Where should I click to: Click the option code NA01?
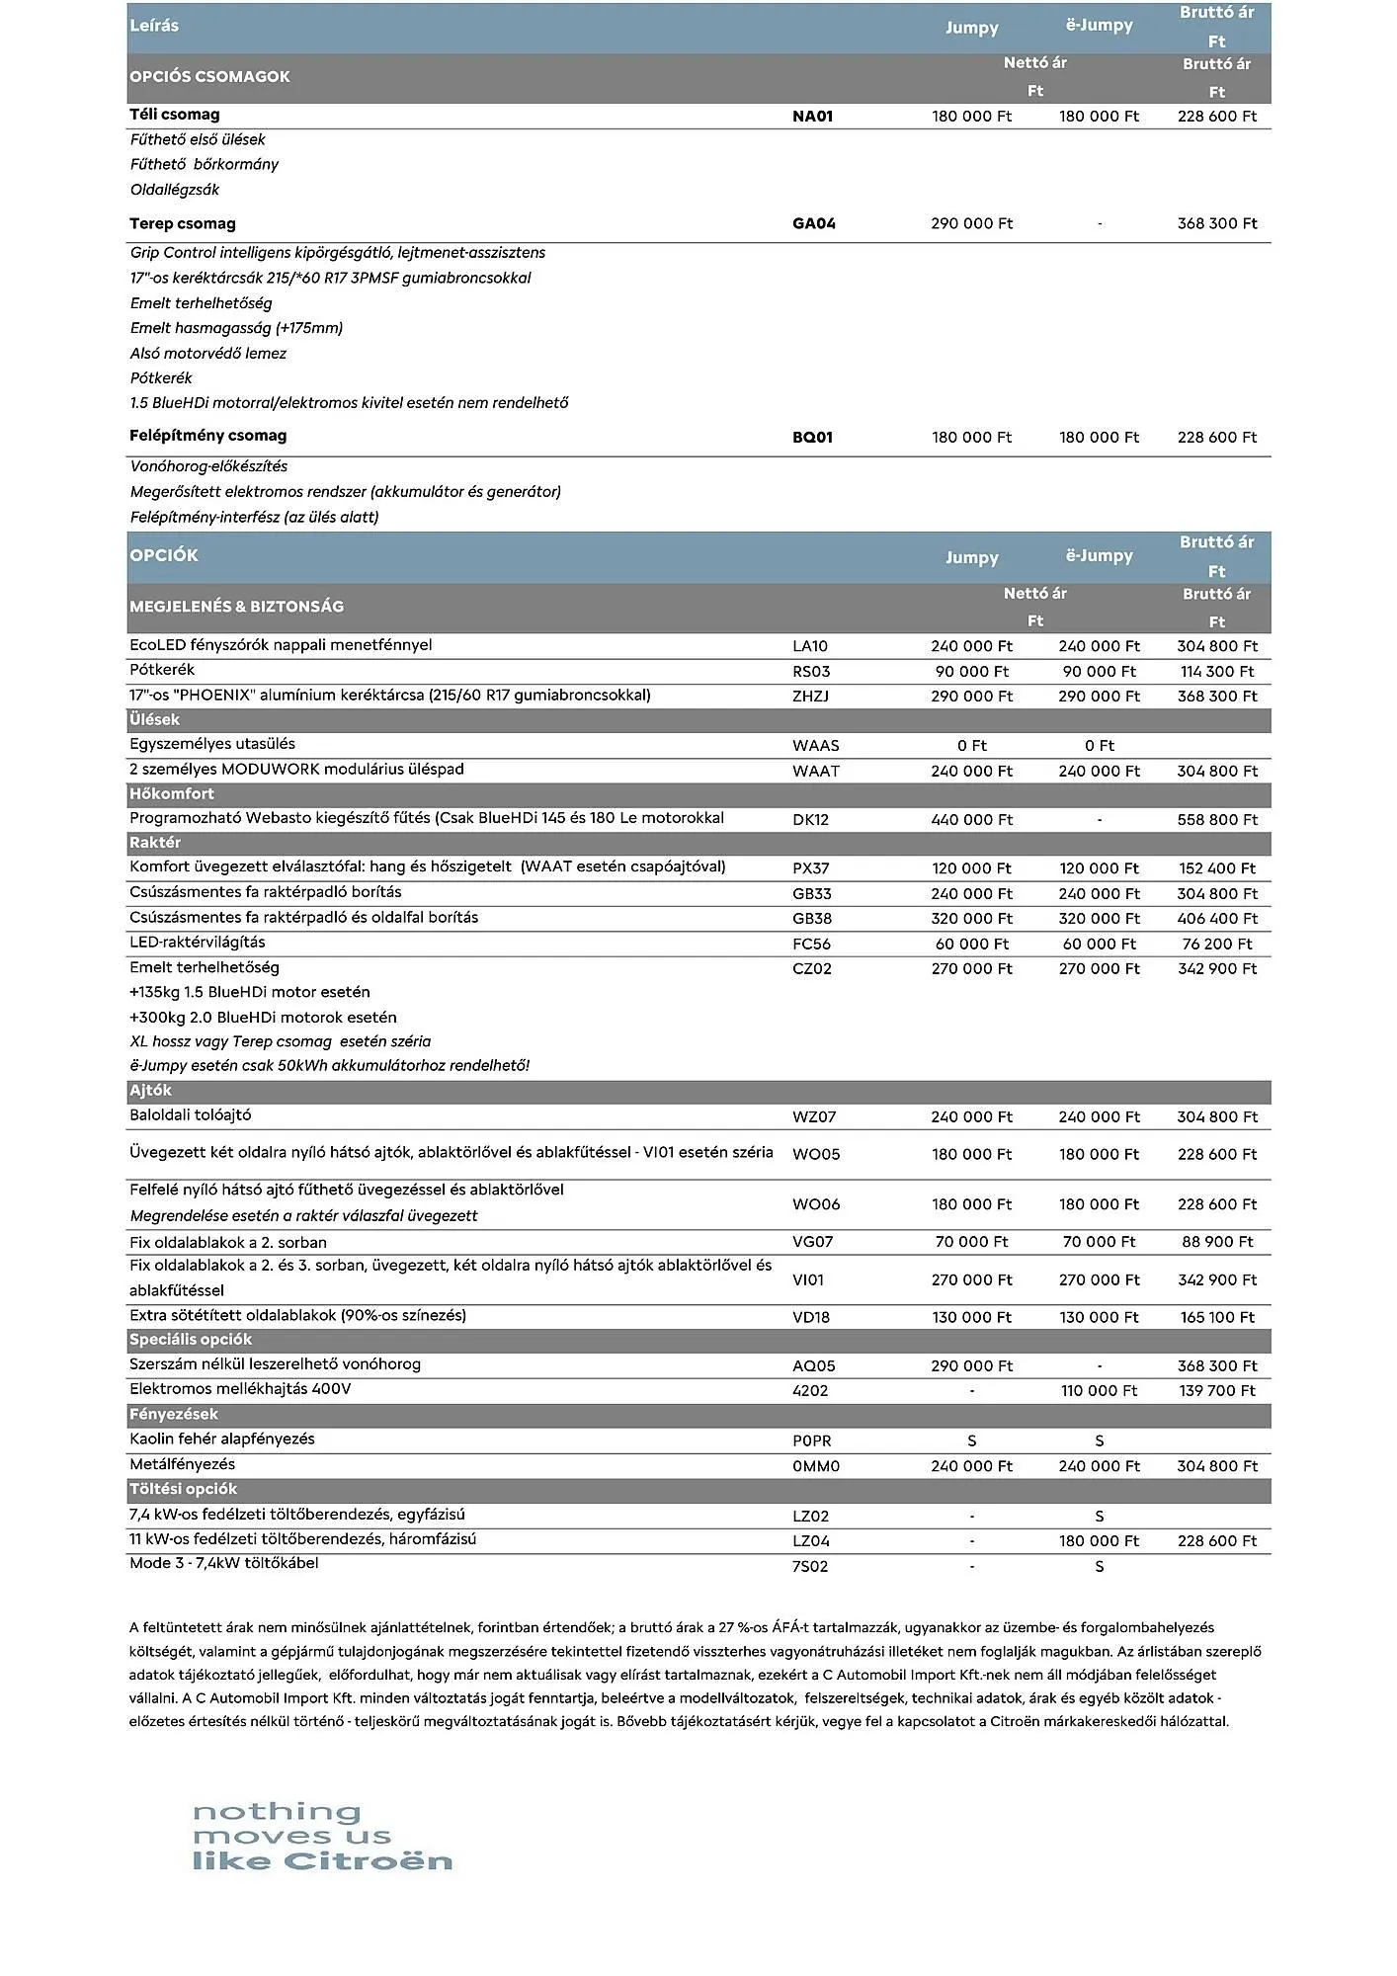coord(812,117)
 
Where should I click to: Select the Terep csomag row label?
coord(183,223)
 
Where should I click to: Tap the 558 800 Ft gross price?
coord(1216,820)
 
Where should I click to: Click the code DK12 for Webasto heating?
coord(810,820)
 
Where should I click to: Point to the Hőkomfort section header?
coord(172,794)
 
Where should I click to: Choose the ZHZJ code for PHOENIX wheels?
coord(810,697)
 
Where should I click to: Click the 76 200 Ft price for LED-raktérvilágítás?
coord(1216,945)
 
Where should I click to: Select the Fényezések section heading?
coord(174,1415)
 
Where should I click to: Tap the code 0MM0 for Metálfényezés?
coord(815,1466)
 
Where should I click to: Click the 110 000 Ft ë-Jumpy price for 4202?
coord(1099,1391)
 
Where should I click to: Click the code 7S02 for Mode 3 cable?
coord(810,1567)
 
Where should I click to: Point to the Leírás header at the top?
coord(154,26)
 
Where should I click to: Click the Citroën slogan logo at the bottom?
coord(322,1837)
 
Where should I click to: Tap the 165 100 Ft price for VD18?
coord(1216,1318)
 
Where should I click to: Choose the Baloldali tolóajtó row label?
coord(191,1115)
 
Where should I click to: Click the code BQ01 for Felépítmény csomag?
coord(812,438)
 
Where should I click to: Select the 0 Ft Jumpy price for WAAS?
coord(971,746)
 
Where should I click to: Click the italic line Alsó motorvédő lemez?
coord(208,354)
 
